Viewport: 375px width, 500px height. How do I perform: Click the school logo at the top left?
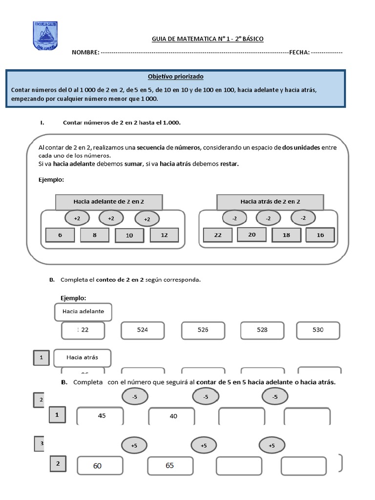coord(45,35)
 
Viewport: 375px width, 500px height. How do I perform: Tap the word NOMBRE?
coord(85,52)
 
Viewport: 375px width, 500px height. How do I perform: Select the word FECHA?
coord(299,52)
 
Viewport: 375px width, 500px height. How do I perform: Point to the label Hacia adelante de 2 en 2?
coord(109,201)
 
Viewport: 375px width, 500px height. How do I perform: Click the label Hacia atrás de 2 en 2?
coord(270,201)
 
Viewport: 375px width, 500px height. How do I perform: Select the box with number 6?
coord(60,235)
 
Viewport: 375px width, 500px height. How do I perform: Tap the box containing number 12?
coord(164,235)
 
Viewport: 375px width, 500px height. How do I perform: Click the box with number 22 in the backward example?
coord(218,235)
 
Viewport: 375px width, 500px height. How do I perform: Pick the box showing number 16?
coord(320,235)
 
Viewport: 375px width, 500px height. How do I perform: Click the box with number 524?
coord(143,330)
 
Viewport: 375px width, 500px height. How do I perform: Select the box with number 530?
coord(318,330)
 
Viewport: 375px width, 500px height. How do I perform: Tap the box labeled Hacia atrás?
coord(83,357)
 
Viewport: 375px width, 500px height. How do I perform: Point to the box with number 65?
coord(169,465)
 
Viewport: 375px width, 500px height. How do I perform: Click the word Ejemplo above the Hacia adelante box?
coord(73,298)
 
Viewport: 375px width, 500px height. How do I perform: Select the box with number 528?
coord(262,330)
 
